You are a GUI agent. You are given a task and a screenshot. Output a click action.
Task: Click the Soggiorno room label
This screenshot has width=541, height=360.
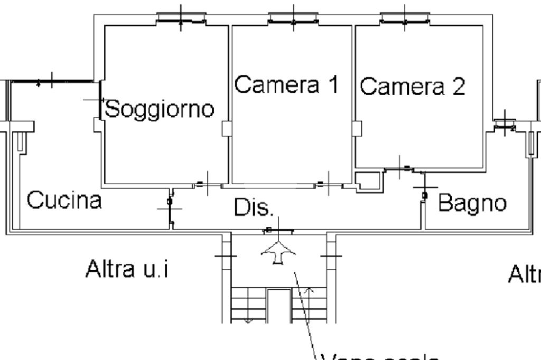(x=160, y=109)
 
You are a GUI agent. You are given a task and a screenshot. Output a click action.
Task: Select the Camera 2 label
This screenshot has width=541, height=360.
(x=413, y=86)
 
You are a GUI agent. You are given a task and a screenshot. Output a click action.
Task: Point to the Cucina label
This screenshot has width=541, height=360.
(x=64, y=201)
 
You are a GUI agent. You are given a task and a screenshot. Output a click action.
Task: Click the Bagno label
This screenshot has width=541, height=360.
(x=472, y=203)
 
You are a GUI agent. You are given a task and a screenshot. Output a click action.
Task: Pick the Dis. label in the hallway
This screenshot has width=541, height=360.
(x=254, y=208)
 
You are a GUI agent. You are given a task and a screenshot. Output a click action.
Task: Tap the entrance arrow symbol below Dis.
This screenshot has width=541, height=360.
(x=278, y=252)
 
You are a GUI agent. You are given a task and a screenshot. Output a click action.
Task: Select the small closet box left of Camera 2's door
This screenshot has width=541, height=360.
(x=368, y=181)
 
